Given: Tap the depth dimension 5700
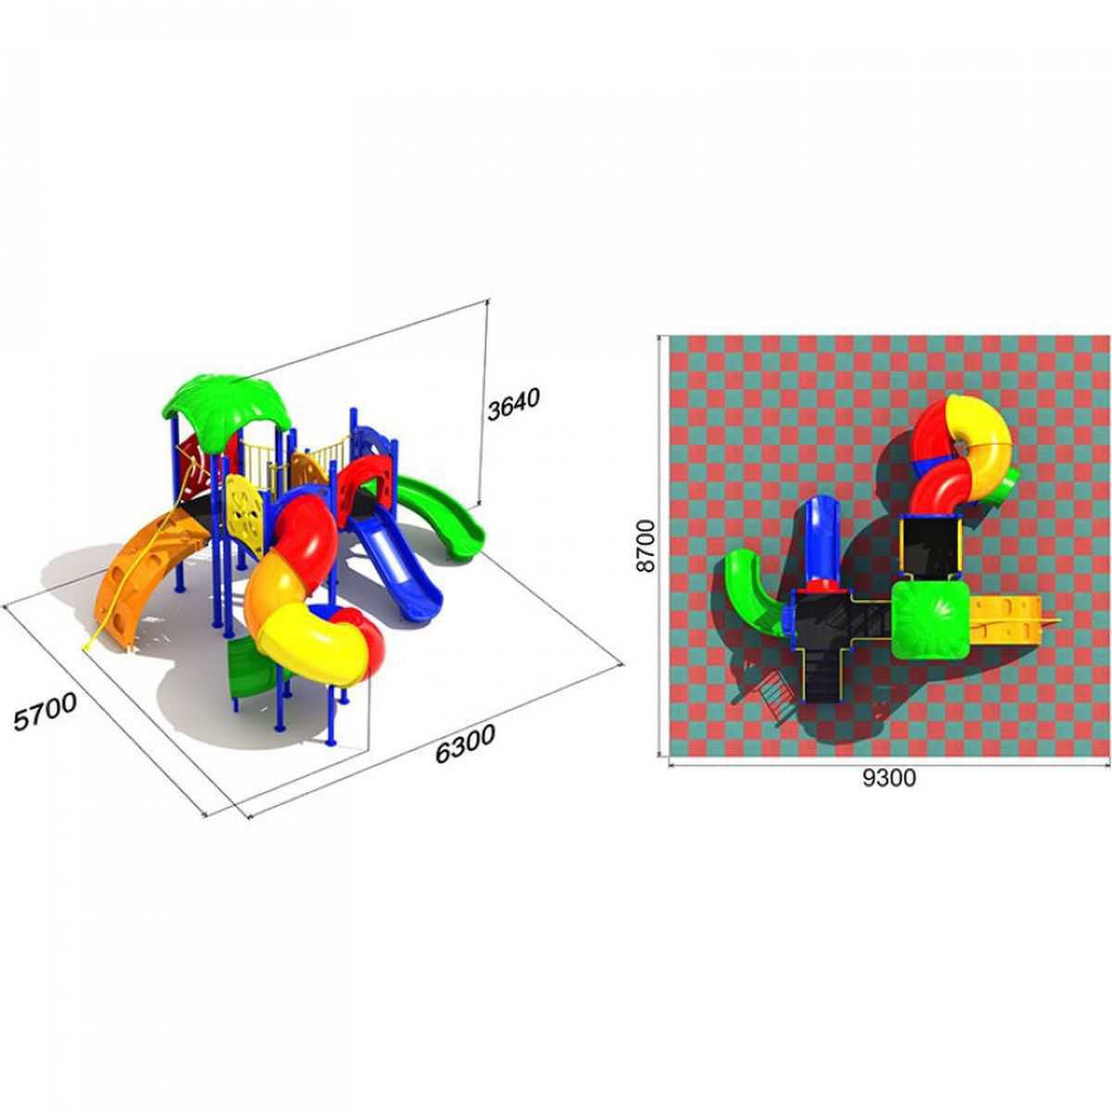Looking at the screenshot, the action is click(x=45, y=712).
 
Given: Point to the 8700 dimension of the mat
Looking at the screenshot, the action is click(x=646, y=545).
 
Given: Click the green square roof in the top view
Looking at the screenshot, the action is click(x=930, y=619).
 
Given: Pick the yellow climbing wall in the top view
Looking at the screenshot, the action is click(x=1006, y=620).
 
